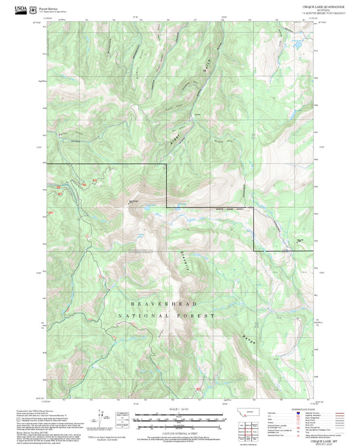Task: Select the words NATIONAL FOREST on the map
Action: click(x=166, y=316)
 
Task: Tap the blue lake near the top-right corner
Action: click(x=296, y=45)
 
